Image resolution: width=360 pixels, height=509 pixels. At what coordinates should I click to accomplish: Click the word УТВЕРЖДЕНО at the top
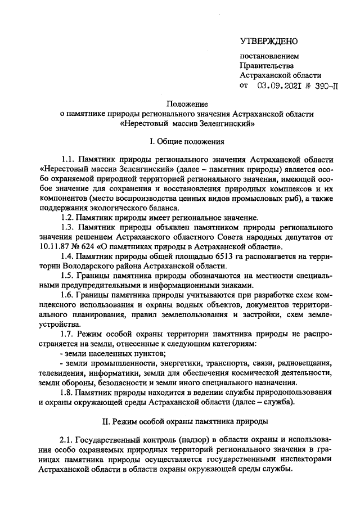268,41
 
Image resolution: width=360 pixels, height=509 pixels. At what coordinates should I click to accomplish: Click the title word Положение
187,104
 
